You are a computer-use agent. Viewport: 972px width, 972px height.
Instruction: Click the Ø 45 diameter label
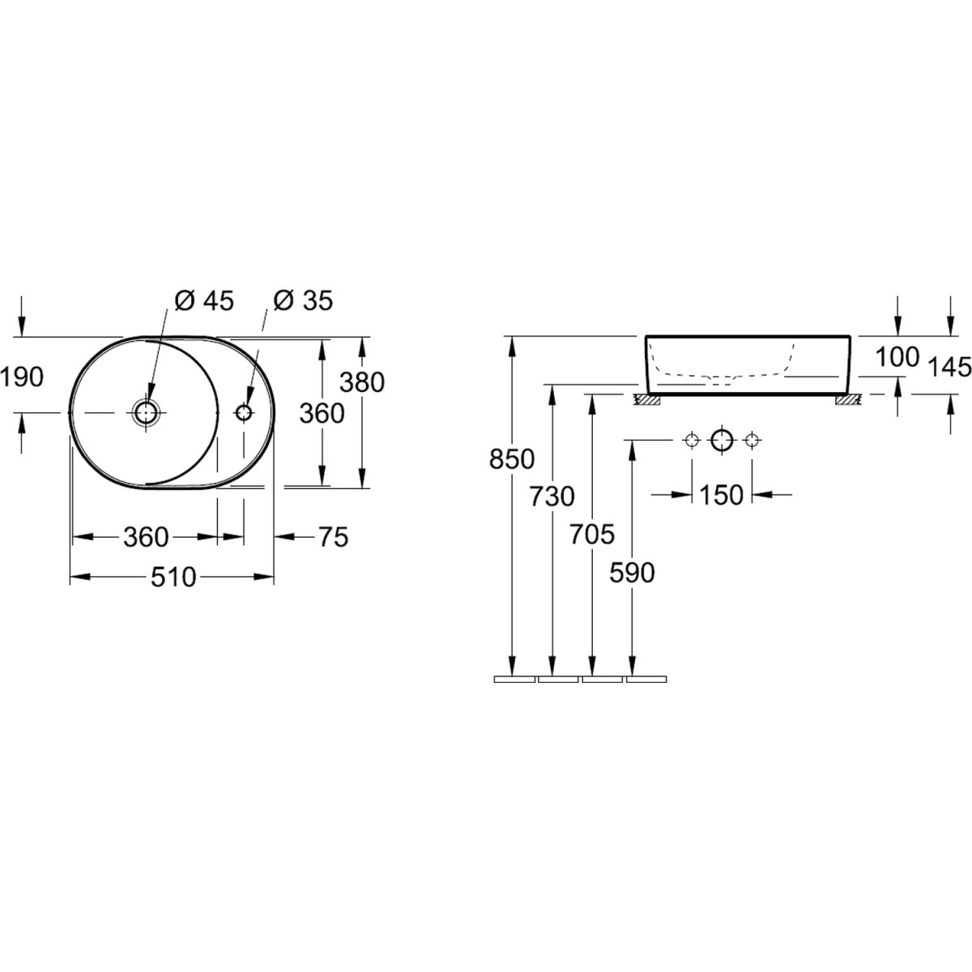[204, 301]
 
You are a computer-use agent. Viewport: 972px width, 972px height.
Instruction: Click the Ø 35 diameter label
[303, 301]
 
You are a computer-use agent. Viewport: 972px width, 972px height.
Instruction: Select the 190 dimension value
[22, 377]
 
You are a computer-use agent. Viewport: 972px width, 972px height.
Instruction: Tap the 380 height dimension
[361, 382]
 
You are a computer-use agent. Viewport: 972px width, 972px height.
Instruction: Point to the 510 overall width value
[173, 577]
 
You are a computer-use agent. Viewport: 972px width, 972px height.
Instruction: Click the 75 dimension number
[334, 537]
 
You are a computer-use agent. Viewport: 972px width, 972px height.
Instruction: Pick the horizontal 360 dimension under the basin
[146, 537]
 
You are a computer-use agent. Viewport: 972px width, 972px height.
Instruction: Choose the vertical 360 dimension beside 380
[322, 414]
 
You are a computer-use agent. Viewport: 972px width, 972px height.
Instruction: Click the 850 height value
[511, 459]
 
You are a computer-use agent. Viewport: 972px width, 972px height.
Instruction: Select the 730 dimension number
[552, 497]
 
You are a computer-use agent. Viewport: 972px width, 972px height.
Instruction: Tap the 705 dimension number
[592, 534]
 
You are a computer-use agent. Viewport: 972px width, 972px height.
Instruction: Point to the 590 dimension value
[632, 573]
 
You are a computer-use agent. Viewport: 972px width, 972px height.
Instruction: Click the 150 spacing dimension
[722, 496]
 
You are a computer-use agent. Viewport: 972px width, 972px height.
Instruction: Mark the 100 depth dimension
[897, 358]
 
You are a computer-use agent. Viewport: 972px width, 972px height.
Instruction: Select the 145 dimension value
[950, 367]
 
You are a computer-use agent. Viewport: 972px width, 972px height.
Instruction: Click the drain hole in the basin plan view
[146, 412]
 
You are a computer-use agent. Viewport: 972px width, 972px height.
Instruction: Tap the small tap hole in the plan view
[244, 412]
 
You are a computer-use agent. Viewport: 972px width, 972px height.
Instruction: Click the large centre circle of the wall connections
[722, 441]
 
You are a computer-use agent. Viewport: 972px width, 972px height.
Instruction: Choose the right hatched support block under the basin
[849, 400]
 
